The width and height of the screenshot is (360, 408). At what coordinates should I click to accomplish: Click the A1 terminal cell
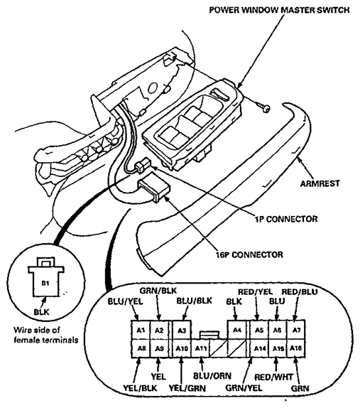click(x=141, y=330)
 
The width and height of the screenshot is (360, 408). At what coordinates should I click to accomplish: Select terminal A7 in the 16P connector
click(x=296, y=330)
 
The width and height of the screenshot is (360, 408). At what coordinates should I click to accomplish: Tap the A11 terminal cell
click(x=200, y=348)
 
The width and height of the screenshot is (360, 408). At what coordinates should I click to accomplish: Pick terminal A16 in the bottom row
click(x=296, y=348)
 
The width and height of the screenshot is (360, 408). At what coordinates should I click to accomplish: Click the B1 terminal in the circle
click(x=45, y=283)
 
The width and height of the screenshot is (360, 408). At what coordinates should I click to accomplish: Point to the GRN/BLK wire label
click(x=158, y=291)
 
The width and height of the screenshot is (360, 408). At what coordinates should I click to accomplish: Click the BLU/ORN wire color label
click(x=212, y=376)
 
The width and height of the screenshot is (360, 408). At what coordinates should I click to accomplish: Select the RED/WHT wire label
click(x=273, y=377)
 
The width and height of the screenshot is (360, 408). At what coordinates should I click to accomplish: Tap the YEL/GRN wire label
click(x=187, y=389)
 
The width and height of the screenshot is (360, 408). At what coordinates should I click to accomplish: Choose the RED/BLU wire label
click(x=300, y=291)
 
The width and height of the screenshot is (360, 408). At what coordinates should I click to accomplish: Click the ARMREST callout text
click(x=320, y=183)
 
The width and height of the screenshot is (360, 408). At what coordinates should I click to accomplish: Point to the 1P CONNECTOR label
click(x=286, y=219)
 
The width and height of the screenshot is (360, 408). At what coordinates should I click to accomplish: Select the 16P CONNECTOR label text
click(x=249, y=254)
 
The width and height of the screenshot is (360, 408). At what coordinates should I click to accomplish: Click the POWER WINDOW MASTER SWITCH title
click(x=280, y=10)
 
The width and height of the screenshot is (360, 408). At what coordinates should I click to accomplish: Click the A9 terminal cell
click(x=159, y=348)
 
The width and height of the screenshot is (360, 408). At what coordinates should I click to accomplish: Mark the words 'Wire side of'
click(x=37, y=330)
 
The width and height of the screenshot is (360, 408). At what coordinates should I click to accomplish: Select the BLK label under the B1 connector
click(x=41, y=311)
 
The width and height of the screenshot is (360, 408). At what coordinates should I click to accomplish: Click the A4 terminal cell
click(x=237, y=330)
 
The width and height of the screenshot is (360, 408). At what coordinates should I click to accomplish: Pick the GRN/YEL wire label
click(x=244, y=388)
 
